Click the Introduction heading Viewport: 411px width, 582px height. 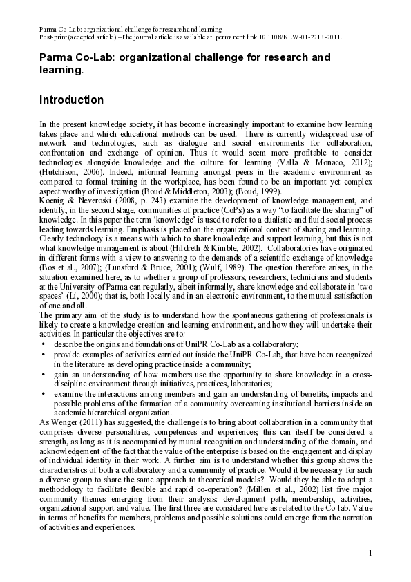[72, 100]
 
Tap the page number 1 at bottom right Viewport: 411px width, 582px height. [370, 553]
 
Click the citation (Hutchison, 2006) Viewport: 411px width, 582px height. [68, 172]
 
